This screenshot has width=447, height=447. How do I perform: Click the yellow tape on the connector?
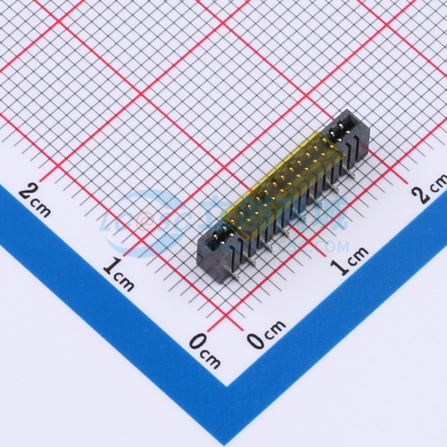click(282, 182)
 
